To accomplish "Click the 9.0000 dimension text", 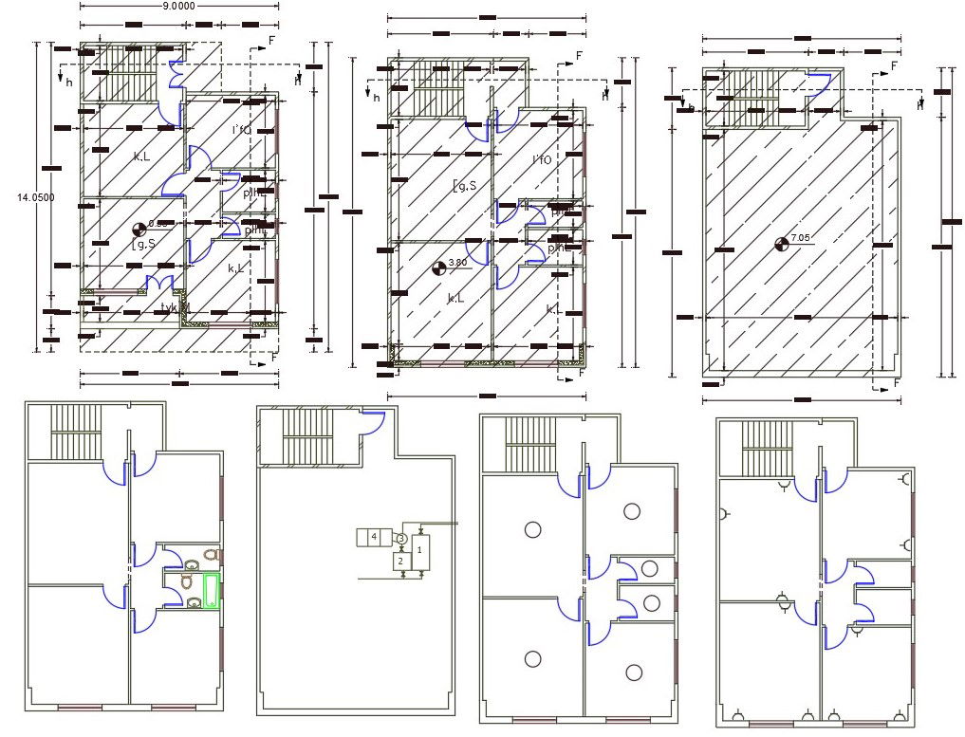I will point(178,6).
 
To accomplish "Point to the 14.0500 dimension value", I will point(36,197).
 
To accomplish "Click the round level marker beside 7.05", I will point(782,245).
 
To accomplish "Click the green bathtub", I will point(210,591).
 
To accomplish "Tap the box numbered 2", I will point(400,562).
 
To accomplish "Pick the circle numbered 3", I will point(401,539).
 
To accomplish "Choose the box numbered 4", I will point(374,538).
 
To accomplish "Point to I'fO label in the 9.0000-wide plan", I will point(241,130).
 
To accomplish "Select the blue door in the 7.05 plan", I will point(818,82).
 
